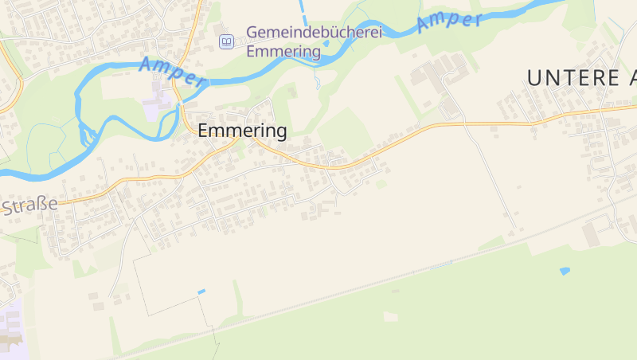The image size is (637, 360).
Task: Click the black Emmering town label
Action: point(242,131)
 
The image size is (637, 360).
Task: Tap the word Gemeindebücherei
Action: point(314,33)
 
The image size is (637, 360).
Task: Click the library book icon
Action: point(227,41)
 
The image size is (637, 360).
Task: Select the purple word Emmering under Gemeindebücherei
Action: point(283,52)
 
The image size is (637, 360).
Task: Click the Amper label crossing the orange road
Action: point(173,72)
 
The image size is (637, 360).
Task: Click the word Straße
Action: point(30,205)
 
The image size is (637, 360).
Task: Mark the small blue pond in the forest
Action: point(565,271)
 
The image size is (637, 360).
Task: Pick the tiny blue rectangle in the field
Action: point(201,292)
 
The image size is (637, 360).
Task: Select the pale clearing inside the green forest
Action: point(390,316)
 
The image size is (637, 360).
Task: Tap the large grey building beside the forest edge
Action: point(592,234)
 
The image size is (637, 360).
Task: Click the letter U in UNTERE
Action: point(534,77)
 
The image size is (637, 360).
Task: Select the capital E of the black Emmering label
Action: point(203,131)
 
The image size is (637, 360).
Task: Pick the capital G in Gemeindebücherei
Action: point(253,33)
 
